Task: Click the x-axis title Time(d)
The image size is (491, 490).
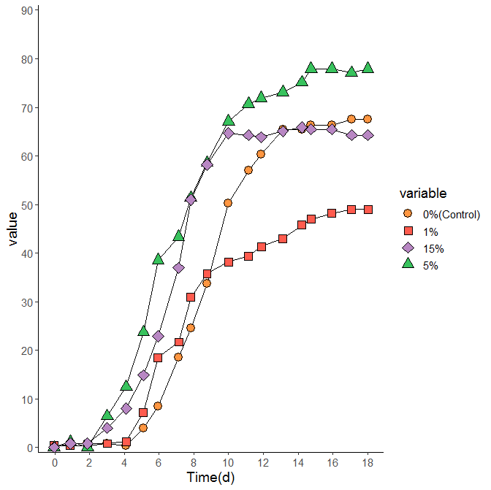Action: point(210,478)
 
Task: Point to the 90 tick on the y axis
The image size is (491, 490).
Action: point(26,10)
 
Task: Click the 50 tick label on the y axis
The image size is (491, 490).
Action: point(26,204)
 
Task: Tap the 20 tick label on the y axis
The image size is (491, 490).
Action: point(26,351)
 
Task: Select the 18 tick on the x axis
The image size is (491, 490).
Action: point(368,463)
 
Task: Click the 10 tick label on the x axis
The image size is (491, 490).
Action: point(228,463)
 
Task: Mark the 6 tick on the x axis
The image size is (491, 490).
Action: point(159,463)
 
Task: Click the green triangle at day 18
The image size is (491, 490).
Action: point(368,68)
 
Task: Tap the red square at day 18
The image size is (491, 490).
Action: point(368,210)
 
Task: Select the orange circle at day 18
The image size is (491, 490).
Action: point(368,119)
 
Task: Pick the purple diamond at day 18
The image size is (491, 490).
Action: point(368,135)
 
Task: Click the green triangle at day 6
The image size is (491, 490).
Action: point(159,259)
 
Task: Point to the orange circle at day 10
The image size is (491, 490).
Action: point(228,203)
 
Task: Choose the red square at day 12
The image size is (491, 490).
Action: point(262,247)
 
